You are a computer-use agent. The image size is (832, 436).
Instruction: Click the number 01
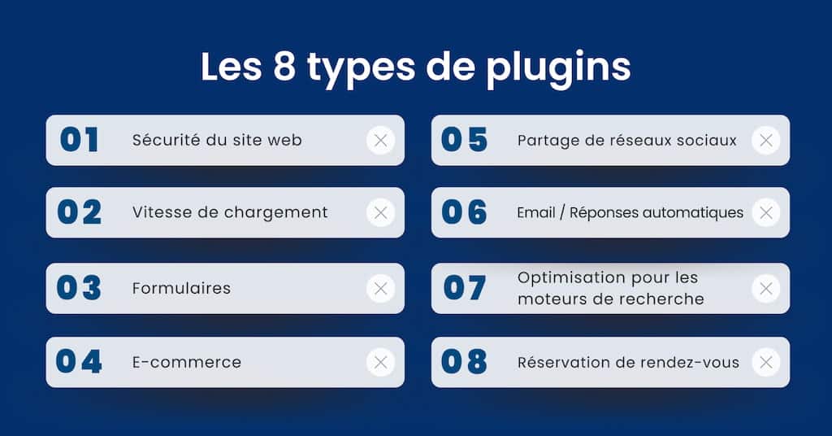[79, 140]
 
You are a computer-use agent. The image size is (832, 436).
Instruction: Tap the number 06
[464, 212]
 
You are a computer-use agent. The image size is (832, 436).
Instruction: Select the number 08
[464, 362]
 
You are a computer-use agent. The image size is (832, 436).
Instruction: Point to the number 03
[79, 289]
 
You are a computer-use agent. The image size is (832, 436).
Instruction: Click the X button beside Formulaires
[380, 289]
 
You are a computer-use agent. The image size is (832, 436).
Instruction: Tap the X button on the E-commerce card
[380, 362]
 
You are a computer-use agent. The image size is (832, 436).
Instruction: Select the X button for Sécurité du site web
[380, 140]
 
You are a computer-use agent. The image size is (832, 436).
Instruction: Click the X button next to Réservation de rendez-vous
[765, 362]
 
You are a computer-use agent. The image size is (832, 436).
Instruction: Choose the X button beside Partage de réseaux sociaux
[765, 140]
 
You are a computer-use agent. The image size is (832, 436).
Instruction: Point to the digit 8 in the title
[284, 67]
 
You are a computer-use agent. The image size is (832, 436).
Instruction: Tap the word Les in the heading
[232, 67]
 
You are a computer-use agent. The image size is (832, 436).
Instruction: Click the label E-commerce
[187, 362]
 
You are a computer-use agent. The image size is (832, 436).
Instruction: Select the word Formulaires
[181, 289]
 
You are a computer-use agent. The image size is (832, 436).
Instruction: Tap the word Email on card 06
[536, 212]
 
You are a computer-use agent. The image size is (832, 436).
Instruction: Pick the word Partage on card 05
[545, 141]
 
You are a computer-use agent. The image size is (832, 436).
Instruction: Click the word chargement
[275, 213]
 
